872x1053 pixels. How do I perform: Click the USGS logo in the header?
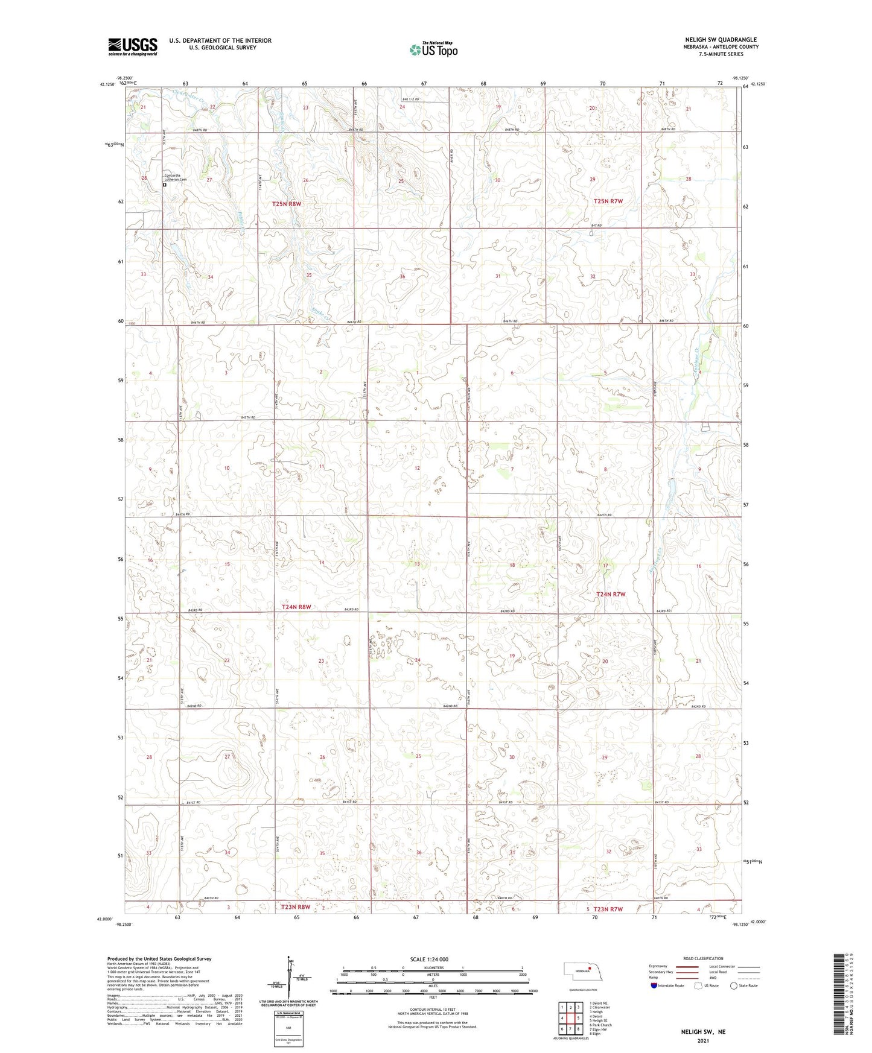tap(133, 46)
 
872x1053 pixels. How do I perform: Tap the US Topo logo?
tap(433, 49)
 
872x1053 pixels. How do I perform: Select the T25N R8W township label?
tap(286, 204)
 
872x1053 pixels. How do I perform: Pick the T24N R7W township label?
tap(611, 594)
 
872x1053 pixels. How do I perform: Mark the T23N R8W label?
tap(296, 907)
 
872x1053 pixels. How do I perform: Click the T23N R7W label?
tap(608, 909)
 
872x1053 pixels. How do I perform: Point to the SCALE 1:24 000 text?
tap(429, 959)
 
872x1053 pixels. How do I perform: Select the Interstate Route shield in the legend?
tap(654, 985)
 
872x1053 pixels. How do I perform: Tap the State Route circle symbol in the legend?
tap(734, 985)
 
